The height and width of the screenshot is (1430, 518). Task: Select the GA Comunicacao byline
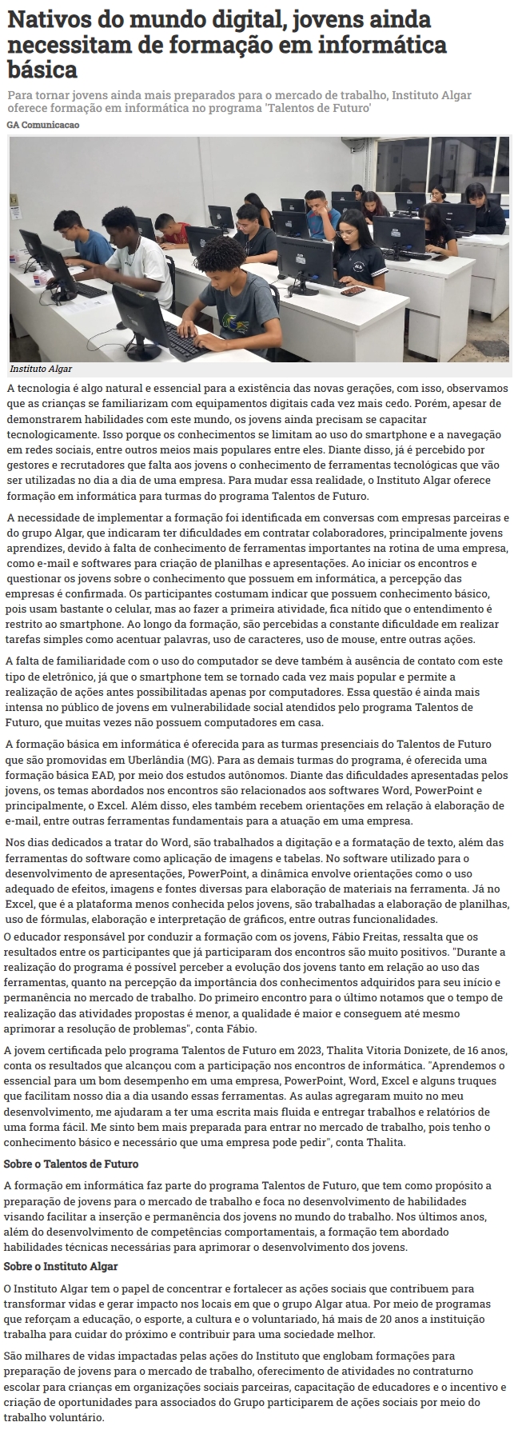43,125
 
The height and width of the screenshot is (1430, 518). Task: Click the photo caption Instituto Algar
41,369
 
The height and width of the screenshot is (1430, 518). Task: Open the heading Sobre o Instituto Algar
61,1266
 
